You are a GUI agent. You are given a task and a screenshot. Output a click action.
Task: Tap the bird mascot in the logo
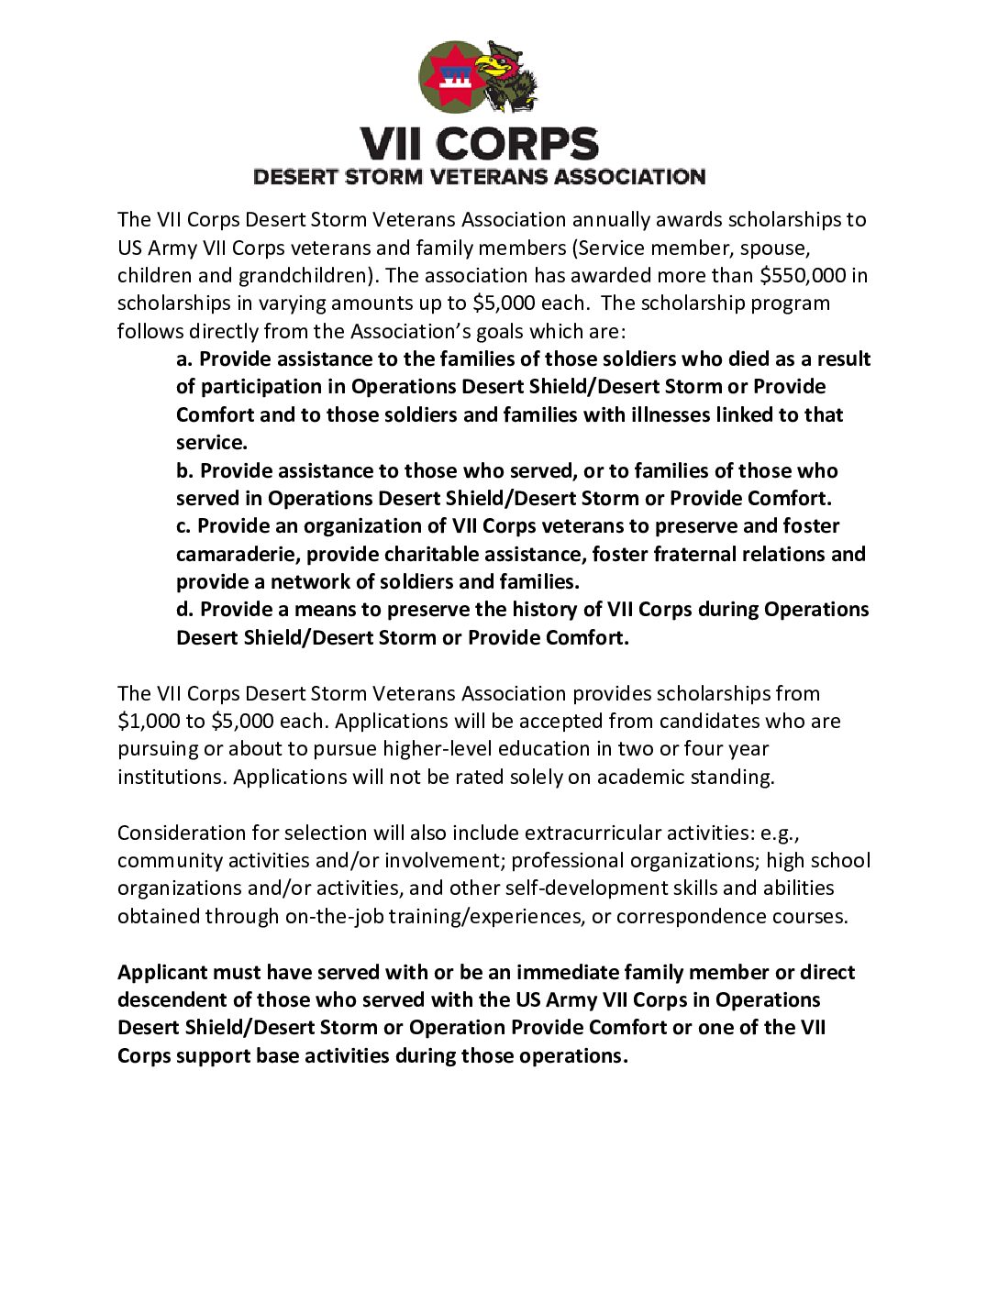507,77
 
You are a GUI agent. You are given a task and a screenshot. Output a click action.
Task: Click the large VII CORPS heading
479,144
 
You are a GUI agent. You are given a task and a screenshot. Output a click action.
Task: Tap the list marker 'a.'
184,359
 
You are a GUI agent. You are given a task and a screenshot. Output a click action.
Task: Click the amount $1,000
150,721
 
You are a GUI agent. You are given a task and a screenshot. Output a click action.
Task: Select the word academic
638,777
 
